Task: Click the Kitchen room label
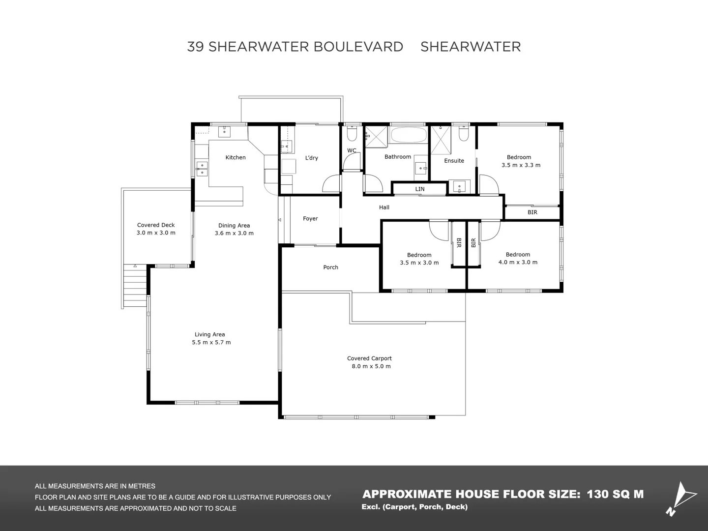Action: [x=236, y=157]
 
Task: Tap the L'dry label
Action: [x=312, y=158]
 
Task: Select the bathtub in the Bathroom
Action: [x=409, y=135]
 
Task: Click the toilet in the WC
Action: [x=352, y=134]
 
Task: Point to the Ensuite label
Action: [x=454, y=161]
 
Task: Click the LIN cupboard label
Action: [x=420, y=189]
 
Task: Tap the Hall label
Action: [x=384, y=207]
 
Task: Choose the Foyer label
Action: [x=310, y=219]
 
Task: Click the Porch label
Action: [x=331, y=267]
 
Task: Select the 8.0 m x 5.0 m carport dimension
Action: [x=371, y=366]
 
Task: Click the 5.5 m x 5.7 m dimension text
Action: [x=211, y=342]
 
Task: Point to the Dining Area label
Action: [x=234, y=226]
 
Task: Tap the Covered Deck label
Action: [x=156, y=225]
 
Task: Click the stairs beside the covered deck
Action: [x=135, y=285]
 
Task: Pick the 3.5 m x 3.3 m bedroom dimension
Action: [x=521, y=165]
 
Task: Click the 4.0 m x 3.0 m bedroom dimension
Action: [x=518, y=262]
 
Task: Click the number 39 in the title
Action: [x=195, y=47]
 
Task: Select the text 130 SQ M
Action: [x=615, y=494]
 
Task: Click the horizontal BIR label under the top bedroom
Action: [x=532, y=212]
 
